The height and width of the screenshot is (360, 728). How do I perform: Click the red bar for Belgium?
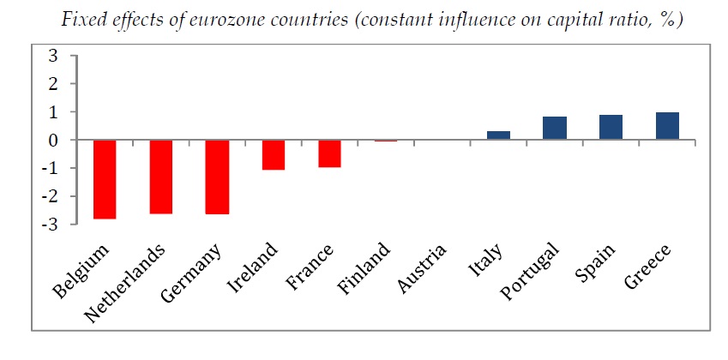(x=105, y=179)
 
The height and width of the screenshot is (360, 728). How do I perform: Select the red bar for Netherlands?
(x=160, y=177)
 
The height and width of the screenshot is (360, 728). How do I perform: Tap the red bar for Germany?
(x=217, y=177)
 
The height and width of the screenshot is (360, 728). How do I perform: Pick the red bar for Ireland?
(x=273, y=155)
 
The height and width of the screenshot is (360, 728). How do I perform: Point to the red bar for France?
(x=329, y=153)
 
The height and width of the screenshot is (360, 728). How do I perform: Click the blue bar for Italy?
(x=498, y=135)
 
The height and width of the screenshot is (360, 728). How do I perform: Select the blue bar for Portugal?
(x=555, y=128)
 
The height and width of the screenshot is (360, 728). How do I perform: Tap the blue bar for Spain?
(x=611, y=127)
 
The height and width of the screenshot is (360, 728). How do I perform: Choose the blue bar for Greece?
(x=667, y=126)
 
